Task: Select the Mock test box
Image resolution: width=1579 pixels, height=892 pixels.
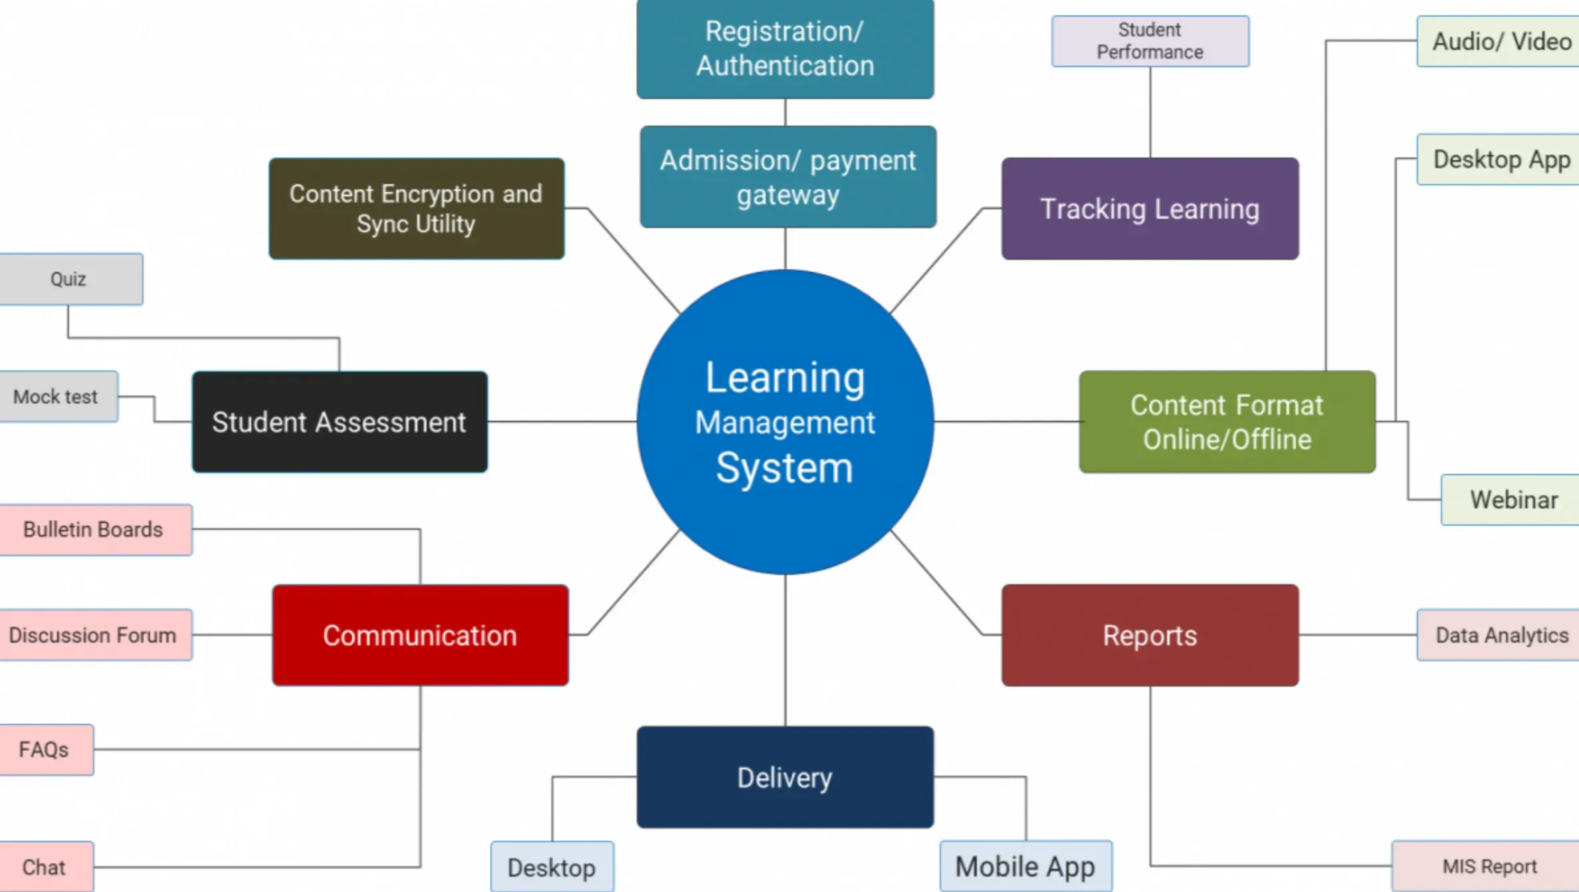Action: point(57,397)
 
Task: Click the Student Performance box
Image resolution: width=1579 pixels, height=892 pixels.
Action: point(1150,41)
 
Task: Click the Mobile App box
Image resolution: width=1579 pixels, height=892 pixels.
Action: point(1025,867)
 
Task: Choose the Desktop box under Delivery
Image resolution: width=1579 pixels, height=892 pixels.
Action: point(552,867)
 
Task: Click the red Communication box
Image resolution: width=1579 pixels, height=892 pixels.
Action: point(420,635)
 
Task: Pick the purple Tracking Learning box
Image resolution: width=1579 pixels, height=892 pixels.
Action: point(1150,209)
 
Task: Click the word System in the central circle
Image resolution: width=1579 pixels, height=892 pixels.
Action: point(784,468)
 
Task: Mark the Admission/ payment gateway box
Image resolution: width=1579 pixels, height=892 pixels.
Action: point(788,177)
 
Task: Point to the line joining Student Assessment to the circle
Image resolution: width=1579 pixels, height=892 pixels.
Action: point(562,421)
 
